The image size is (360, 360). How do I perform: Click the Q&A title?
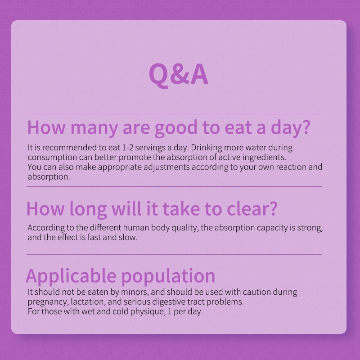[179, 75]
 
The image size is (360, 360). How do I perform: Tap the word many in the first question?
[94, 128]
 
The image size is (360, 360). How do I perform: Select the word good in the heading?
[176, 128]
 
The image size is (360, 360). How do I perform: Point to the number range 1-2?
[127, 148]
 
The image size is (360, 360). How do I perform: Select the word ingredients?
[264, 157]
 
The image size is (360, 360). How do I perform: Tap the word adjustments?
[167, 167]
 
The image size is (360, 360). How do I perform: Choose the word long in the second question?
[88, 209]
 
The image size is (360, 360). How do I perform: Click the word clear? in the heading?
[252, 208]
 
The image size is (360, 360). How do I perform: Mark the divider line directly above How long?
[174, 186]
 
